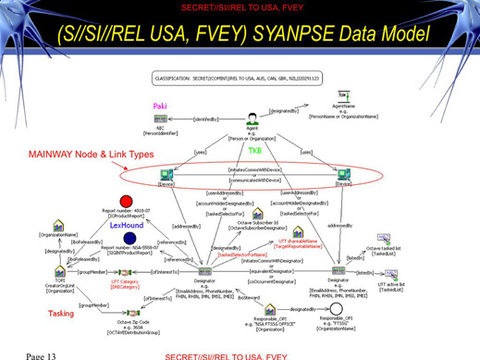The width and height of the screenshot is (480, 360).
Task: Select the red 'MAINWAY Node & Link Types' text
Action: tap(91, 154)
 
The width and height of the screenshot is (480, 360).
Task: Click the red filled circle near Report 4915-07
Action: tap(127, 201)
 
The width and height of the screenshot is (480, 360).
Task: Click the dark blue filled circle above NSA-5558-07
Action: tap(129, 239)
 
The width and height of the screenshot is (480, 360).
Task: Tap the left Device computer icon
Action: tap(166, 174)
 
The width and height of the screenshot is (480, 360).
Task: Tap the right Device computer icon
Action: tap(343, 174)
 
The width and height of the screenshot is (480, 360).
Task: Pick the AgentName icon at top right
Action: tap(345, 96)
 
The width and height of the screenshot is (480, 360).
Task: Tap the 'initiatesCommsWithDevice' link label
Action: tap(254, 169)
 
